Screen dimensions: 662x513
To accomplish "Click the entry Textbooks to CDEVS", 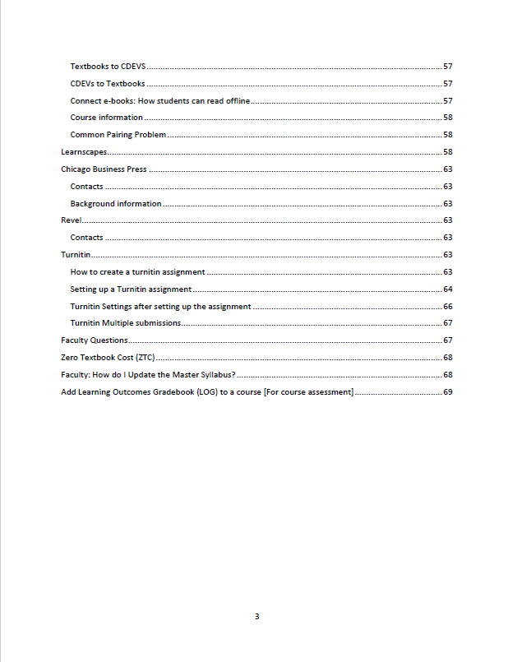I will coord(108,66).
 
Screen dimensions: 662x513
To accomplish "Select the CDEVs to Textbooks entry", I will coord(108,83).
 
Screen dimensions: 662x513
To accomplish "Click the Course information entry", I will coord(106,118).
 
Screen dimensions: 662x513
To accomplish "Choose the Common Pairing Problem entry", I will coord(118,135).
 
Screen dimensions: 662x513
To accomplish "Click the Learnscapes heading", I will coord(84,152).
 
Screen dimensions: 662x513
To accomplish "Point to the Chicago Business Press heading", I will coord(104,169).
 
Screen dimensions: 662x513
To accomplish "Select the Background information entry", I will coord(115,203).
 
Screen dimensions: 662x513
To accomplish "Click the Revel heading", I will coord(72,220).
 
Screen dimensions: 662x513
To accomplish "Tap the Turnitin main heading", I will coord(75,255).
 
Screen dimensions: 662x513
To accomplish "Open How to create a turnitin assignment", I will coord(137,271).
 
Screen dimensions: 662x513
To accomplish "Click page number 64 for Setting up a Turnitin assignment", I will coord(448,289).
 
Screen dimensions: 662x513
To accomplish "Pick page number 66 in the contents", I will coord(448,306).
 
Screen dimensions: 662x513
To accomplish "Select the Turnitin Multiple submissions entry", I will coord(125,323).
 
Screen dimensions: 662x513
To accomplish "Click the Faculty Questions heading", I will coord(95,340).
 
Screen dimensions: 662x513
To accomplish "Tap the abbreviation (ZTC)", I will coord(144,358).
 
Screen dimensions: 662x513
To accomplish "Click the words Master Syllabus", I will coord(205,375).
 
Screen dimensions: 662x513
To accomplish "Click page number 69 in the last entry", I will coord(448,392).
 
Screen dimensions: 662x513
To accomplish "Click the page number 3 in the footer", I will coord(256,616).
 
